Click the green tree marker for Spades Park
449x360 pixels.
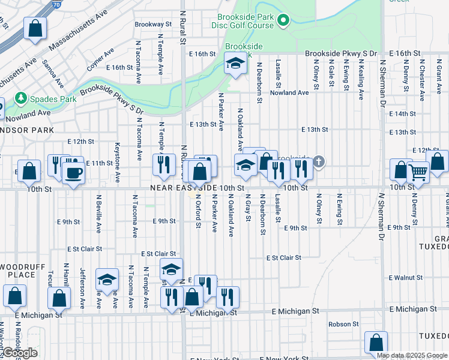point(21,97)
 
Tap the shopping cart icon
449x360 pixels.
point(418,172)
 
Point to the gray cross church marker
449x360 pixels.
point(319,161)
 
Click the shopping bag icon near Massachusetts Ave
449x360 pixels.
point(35,28)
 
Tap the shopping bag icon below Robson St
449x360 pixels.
point(376,343)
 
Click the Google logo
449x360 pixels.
point(20,353)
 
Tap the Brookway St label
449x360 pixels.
point(153,25)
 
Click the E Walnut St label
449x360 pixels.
point(406,278)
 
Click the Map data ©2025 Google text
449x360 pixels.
point(411,355)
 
